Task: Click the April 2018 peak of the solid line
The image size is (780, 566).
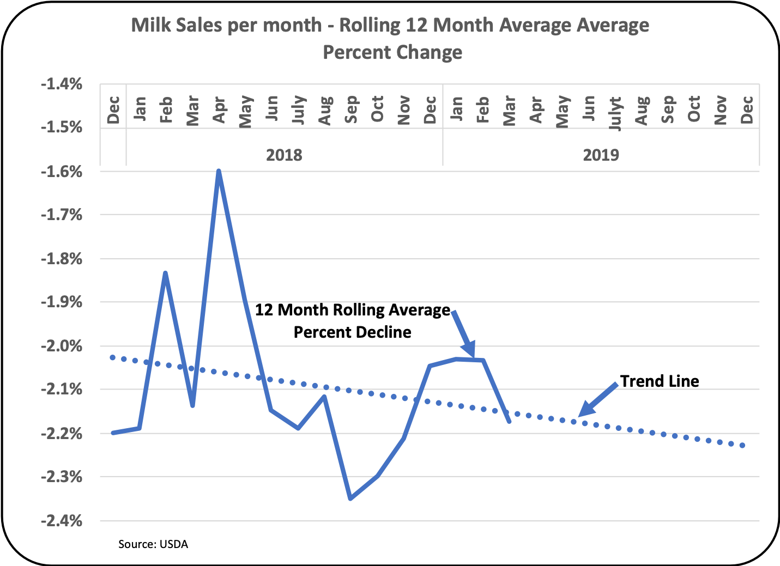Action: pos(219,171)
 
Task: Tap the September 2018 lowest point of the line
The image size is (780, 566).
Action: pos(350,498)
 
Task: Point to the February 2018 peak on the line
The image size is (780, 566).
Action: pos(165,272)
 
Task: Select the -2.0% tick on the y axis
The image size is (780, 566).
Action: pos(62,346)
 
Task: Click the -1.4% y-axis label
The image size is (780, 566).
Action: pos(62,84)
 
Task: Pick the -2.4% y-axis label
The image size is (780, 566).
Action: pos(62,521)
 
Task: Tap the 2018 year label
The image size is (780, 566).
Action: pos(284,155)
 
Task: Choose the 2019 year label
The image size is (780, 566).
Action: pos(601,155)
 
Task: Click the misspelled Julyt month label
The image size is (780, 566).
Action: pos(615,113)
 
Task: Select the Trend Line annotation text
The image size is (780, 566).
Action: pos(660,381)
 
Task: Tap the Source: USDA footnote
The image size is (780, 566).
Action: pos(153,544)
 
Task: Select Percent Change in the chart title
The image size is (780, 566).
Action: pos(392,52)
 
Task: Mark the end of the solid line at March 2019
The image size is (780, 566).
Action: pos(509,421)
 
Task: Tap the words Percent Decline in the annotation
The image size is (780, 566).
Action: pos(352,332)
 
